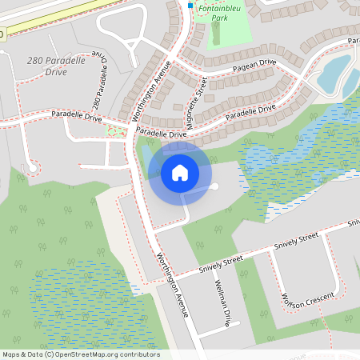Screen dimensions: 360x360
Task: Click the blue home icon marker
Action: [x=180, y=173]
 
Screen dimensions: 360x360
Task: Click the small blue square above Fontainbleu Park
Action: [x=190, y=5]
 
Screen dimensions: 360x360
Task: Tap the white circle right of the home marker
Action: [x=214, y=186]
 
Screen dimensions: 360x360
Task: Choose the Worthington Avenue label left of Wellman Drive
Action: [x=172, y=285]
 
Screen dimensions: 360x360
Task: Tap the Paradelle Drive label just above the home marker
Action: [x=161, y=134]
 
